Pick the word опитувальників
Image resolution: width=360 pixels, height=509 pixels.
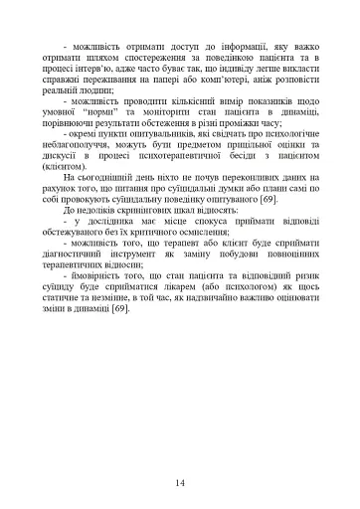point(153,141)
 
